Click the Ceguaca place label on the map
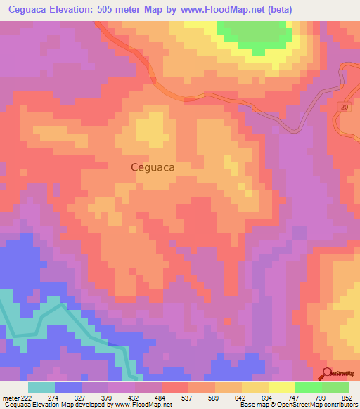[x=153, y=168]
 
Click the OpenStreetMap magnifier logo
[x=327, y=373]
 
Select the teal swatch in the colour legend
[x=41, y=387]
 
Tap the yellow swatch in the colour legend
[x=282, y=387]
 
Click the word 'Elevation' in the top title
[x=73, y=9]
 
